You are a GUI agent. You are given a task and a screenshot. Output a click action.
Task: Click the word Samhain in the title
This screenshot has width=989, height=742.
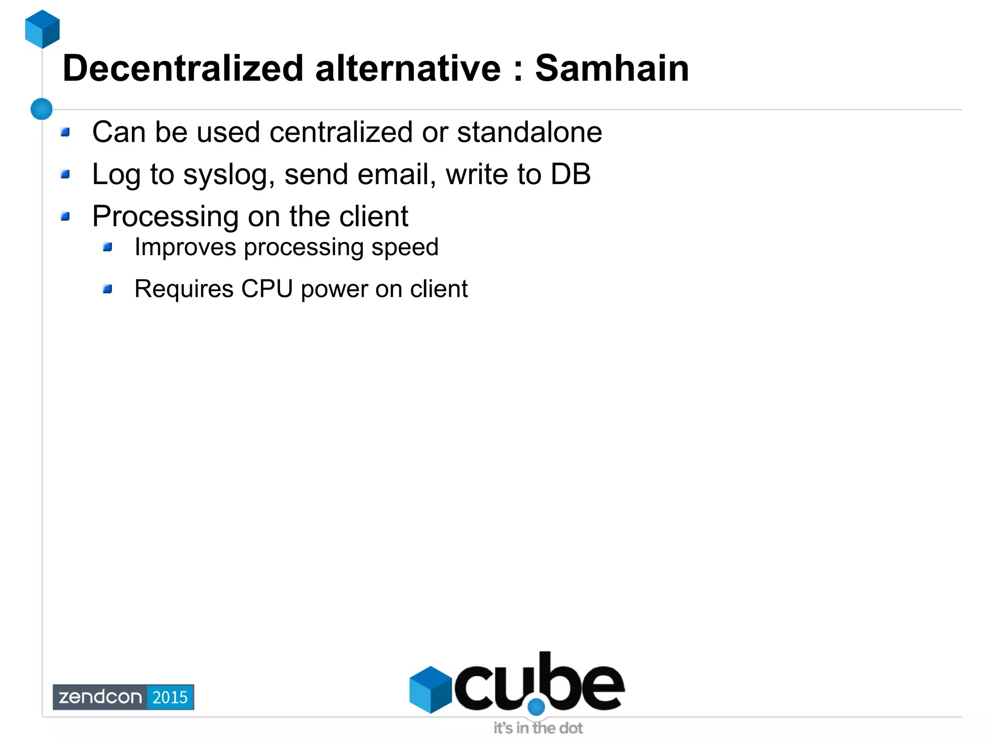click(612, 69)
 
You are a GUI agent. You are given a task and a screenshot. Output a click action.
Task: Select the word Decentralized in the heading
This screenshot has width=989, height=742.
click(183, 69)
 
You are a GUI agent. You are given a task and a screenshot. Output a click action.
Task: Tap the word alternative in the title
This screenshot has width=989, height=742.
click(408, 69)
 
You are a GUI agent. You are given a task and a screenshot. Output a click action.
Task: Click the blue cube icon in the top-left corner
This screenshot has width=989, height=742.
click(42, 29)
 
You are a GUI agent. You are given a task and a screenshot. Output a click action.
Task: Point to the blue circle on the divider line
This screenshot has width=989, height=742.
click(42, 109)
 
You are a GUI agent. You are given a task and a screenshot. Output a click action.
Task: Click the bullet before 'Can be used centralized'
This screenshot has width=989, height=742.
click(66, 132)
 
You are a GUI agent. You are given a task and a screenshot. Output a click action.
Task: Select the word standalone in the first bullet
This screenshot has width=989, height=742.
click(529, 132)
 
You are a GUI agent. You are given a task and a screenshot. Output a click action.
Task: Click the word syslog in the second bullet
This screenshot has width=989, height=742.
click(225, 175)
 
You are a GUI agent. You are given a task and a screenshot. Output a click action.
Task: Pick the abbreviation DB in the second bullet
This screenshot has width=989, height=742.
click(570, 174)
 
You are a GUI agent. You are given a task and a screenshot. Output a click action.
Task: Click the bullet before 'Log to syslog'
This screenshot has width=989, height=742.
click(66, 174)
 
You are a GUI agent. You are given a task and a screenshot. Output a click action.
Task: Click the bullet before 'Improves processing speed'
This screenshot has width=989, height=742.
click(108, 247)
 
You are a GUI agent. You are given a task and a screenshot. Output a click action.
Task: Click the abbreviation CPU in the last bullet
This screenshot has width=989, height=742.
click(267, 289)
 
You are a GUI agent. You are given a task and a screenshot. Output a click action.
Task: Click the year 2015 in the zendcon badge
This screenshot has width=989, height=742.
click(170, 697)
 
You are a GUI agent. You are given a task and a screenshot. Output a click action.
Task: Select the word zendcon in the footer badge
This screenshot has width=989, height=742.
click(100, 697)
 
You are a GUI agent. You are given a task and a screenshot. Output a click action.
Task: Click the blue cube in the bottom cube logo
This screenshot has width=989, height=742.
click(430, 689)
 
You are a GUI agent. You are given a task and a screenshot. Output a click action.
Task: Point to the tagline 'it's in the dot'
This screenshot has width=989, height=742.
click(538, 728)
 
